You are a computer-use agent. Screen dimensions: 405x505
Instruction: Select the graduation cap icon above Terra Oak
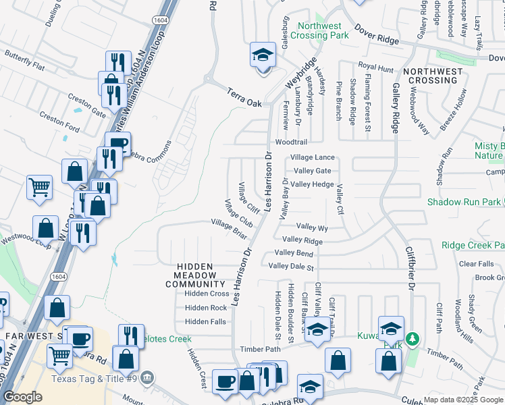pos(263,55)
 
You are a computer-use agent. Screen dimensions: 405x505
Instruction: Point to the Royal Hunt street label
pos(376,67)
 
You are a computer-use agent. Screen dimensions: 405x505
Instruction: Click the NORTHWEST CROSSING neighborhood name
pos(433,76)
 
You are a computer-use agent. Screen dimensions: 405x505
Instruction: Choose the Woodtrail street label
pos(291,142)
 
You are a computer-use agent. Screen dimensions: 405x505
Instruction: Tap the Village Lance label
pos(313,157)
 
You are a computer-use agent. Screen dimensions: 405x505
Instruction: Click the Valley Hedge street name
pos(313,184)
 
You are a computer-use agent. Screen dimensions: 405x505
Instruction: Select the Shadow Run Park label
pos(464,202)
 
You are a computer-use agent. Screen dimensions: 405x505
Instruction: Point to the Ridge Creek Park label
pos(473,246)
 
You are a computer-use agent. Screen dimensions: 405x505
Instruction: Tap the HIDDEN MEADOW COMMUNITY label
pos(195,275)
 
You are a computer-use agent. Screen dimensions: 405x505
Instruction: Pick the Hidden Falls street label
pos(205,322)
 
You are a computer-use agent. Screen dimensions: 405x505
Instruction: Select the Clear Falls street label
pos(477,264)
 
